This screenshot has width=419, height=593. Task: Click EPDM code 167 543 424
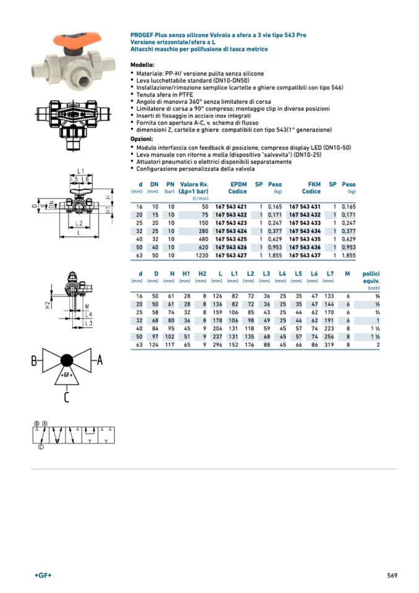(x=231, y=231)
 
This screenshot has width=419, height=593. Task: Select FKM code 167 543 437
(x=305, y=255)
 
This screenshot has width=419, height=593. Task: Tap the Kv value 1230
(x=201, y=255)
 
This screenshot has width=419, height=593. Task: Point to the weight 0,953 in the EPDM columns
(x=274, y=247)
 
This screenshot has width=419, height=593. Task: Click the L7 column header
(x=330, y=273)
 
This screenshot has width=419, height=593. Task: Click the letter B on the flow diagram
(x=35, y=362)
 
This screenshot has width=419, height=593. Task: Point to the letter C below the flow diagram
(x=66, y=396)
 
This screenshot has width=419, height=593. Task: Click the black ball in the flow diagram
(x=67, y=360)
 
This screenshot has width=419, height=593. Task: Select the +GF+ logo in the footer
(x=43, y=576)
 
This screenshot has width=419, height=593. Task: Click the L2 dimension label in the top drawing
(x=78, y=223)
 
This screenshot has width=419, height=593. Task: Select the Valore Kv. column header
(x=194, y=184)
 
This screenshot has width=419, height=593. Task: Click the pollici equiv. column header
(x=371, y=276)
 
